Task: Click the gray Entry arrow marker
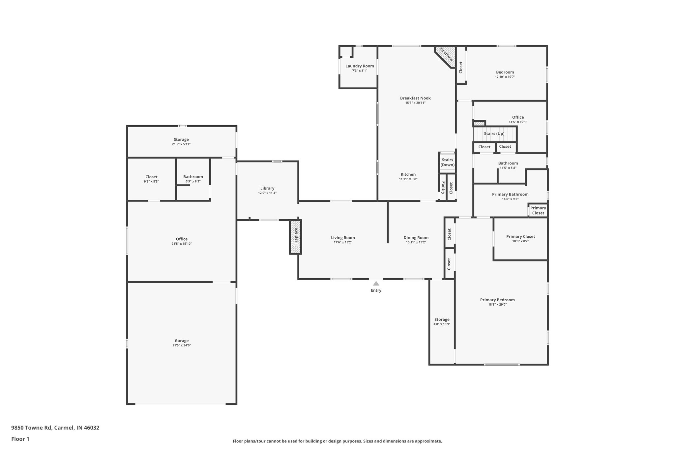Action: point(376,283)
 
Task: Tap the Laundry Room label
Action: point(360,66)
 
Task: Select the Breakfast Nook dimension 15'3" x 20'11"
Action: point(415,103)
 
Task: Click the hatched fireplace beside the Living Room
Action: point(296,237)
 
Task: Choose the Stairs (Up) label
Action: point(494,134)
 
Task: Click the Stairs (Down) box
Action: point(448,162)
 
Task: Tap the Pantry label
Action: point(443,188)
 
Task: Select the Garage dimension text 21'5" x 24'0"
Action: point(182,345)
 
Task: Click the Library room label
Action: point(267,188)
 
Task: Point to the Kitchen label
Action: point(408,174)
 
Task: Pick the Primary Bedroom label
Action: point(497,300)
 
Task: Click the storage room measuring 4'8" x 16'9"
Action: point(442,321)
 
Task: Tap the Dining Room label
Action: point(416,238)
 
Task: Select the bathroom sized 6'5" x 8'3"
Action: point(193,179)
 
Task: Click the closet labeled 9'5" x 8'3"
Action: point(151,179)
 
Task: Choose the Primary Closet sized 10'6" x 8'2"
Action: point(520,238)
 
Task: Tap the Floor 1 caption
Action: point(20,439)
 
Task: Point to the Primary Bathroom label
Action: point(510,195)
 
